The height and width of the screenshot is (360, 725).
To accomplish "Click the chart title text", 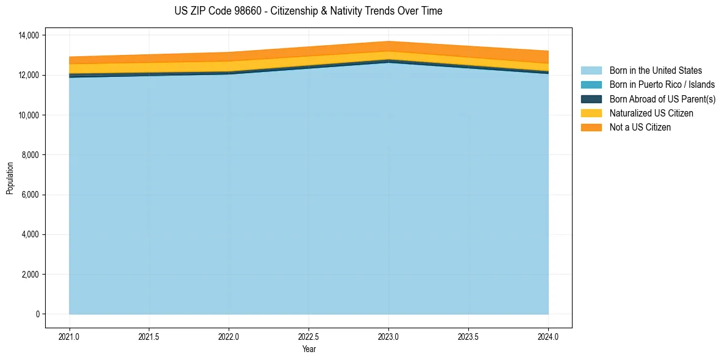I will (x=308, y=11).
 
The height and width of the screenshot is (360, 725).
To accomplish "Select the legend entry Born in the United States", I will (x=655, y=71).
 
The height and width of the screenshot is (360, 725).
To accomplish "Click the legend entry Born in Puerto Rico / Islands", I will (x=662, y=85).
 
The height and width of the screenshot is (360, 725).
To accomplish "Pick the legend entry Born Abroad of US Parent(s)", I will (x=662, y=99).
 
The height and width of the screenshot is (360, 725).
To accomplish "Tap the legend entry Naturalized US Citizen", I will (x=651, y=113).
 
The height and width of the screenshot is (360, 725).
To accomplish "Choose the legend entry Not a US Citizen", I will (x=640, y=128).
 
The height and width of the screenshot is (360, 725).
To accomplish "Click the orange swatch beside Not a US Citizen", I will (x=591, y=128).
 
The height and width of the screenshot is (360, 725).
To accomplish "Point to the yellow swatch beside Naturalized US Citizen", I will (x=591, y=113).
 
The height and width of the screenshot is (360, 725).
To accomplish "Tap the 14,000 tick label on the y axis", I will (x=29, y=35).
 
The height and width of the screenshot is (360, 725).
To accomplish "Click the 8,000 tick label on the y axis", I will (x=30, y=155).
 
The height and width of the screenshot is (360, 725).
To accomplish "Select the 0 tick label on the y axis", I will (x=37, y=314).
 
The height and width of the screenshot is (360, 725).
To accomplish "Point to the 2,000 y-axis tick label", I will (x=30, y=275).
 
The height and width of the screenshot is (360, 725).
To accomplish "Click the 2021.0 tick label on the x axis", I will (x=70, y=336).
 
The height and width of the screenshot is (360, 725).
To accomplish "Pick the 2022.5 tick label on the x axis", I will (x=309, y=336).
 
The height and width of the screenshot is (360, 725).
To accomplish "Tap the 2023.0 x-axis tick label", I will (x=388, y=336).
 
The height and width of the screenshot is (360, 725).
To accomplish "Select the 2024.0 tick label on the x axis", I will (x=548, y=336).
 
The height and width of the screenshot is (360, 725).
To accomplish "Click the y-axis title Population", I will (x=10, y=178).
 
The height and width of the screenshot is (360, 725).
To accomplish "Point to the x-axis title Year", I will (x=309, y=349).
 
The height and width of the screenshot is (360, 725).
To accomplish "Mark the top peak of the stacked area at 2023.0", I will (x=388, y=41).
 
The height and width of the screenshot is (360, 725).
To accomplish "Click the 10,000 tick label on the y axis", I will (x=29, y=115).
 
